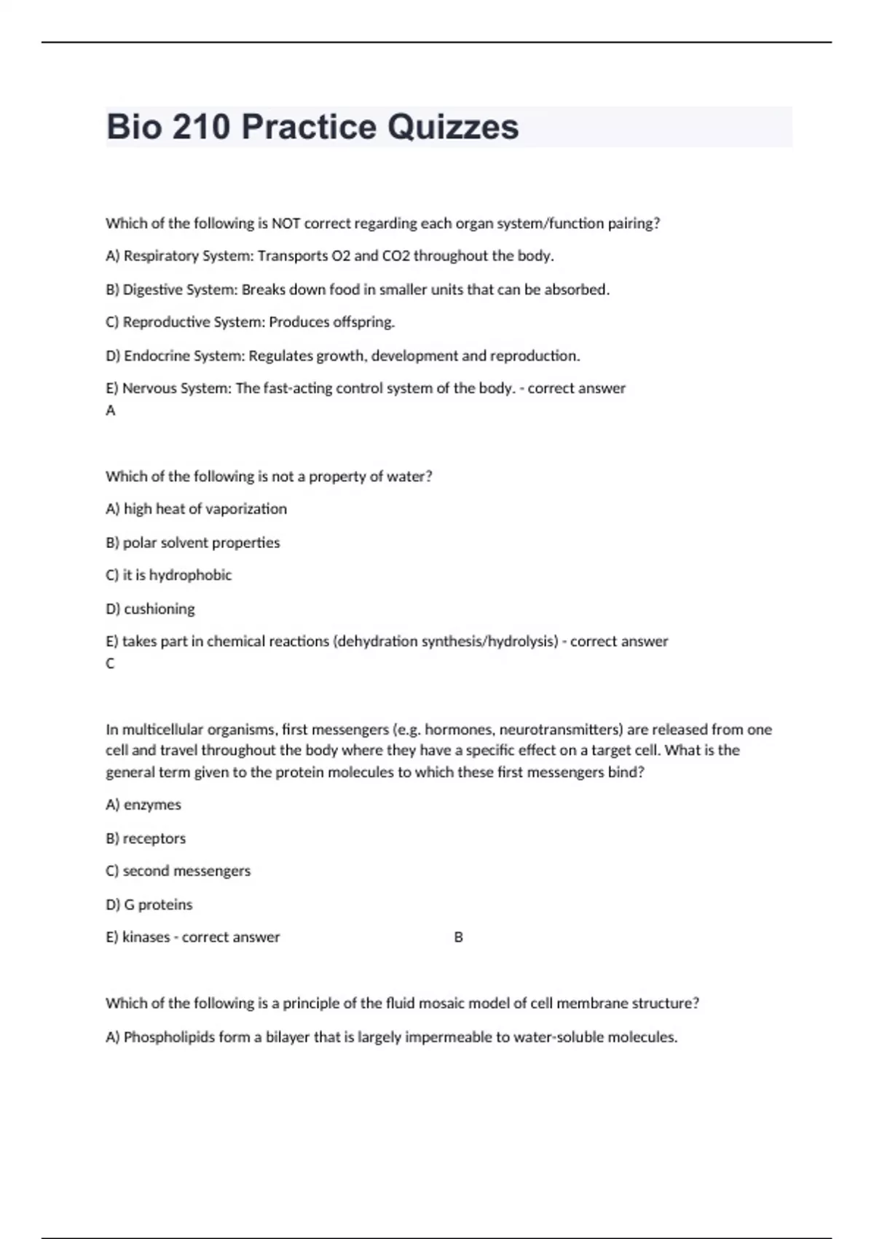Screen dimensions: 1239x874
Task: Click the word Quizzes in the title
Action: [x=452, y=128]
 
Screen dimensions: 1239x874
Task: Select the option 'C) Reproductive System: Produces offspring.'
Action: [x=250, y=322]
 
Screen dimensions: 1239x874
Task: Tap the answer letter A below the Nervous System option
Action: [x=111, y=411]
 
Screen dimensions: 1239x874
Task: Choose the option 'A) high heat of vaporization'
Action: [x=196, y=509]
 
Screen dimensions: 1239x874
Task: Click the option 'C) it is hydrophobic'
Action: [x=168, y=575]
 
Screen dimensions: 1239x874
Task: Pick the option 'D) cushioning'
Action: [x=150, y=609]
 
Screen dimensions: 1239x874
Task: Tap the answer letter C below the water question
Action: [x=111, y=664]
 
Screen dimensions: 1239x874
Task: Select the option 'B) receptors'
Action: [x=146, y=838]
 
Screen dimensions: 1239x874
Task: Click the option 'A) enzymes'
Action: [x=143, y=805]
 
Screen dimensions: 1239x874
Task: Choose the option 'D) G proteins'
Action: [x=149, y=904]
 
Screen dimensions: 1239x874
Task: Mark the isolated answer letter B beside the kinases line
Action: [x=458, y=937]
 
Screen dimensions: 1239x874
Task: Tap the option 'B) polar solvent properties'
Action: [x=192, y=542]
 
